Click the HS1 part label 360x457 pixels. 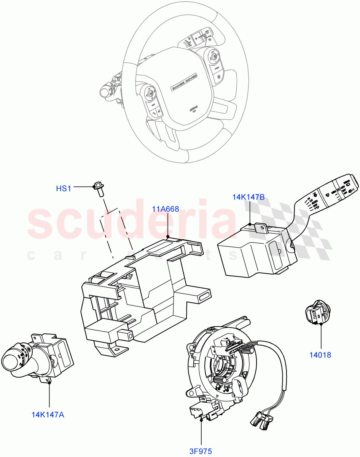click(x=63, y=188)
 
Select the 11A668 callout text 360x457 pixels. click(x=166, y=209)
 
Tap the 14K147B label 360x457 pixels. click(x=248, y=197)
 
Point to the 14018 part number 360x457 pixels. click(x=320, y=355)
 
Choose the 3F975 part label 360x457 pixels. click(x=200, y=452)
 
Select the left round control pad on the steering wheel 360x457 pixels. click(x=149, y=94)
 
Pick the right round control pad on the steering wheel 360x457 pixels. click(x=213, y=58)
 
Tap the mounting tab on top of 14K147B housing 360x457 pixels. click(x=260, y=228)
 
